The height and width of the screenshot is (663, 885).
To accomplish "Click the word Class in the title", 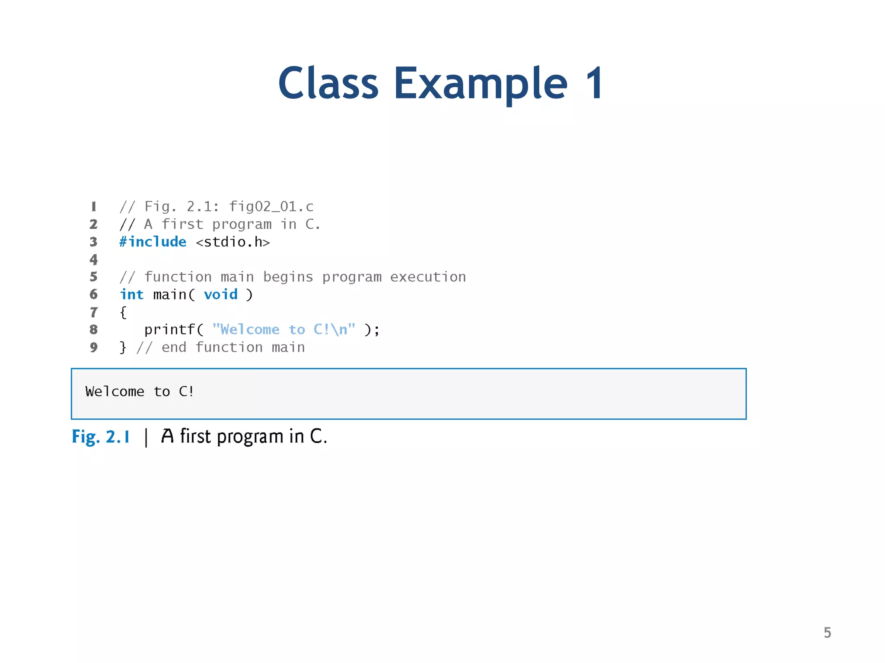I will click(328, 83).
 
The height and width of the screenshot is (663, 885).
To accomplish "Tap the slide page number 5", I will click(827, 632).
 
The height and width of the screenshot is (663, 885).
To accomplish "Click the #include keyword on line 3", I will click(153, 242).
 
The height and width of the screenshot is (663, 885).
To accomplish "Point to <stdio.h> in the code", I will click(233, 242).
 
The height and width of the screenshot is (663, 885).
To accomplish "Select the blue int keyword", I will click(131, 294).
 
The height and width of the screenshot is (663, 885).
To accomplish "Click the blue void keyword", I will click(220, 294).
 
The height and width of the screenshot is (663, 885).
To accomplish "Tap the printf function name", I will click(169, 330).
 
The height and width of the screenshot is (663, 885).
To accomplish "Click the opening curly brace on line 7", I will click(123, 312).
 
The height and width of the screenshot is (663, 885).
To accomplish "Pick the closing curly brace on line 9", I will click(123, 347).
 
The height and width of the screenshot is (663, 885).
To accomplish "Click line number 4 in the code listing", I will click(94, 259).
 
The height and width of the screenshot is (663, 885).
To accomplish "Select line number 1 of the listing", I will click(94, 207).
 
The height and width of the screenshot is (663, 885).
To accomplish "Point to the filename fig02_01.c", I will click(271, 207).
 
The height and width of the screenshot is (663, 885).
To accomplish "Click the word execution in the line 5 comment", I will click(428, 277).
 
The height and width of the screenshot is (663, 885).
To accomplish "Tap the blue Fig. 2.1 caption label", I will click(101, 437).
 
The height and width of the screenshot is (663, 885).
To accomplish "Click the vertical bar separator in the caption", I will click(146, 437).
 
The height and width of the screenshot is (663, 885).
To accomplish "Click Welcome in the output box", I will click(115, 391).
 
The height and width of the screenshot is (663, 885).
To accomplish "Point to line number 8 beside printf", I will click(94, 330).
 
